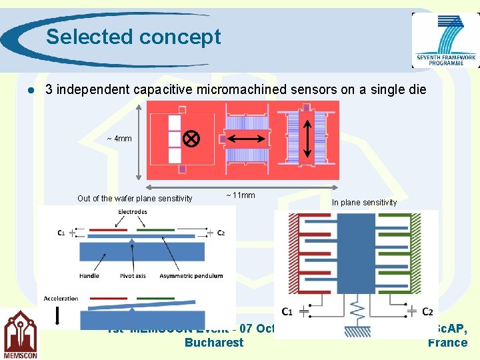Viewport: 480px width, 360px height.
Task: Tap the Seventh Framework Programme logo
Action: pos(445,40)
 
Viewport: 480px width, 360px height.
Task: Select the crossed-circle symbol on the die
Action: pos(192,139)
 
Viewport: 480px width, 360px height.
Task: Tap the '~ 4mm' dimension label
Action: pos(119,139)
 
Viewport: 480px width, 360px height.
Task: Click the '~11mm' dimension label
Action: pos(240,195)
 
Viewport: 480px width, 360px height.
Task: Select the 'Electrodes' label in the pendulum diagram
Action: pos(133,212)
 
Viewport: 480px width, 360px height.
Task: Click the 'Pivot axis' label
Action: pos(133,275)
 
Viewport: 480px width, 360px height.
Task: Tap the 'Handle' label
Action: pos(89,275)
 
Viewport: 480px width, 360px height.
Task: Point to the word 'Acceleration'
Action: pos(61,298)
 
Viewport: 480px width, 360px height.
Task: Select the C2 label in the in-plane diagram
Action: pos(427,311)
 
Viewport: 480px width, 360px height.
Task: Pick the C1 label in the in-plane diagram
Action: pos(287,311)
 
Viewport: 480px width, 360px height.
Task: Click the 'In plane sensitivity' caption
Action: pos(364,203)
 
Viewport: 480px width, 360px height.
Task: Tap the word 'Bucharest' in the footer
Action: pos(214,343)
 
